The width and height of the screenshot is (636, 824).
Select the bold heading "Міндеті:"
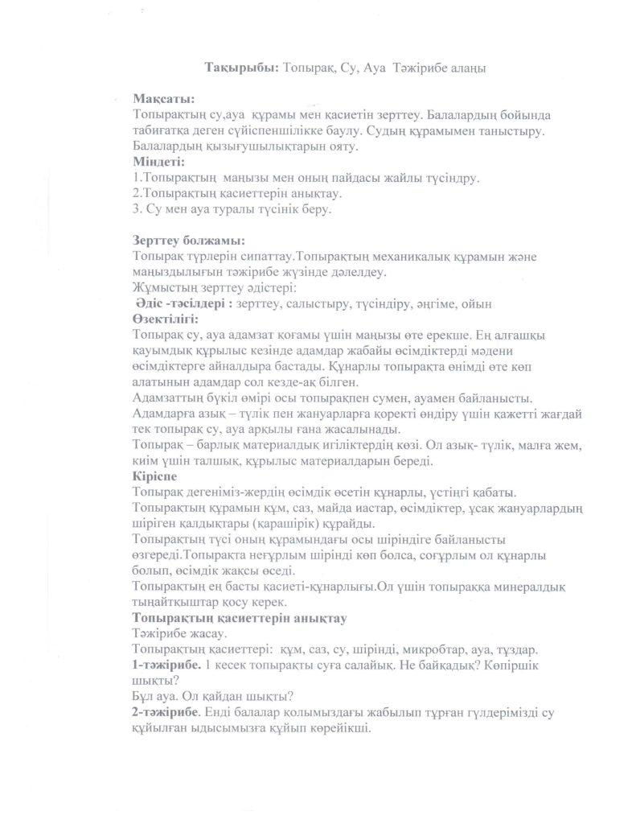pos(158,161)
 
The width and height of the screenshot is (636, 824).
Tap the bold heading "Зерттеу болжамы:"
pos(188,240)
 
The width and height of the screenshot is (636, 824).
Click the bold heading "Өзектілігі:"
pos(166,318)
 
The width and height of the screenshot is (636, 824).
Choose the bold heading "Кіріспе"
pos(154,476)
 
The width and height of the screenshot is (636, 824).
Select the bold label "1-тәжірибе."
pos(166,665)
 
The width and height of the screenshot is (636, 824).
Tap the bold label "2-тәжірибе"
pos(166,712)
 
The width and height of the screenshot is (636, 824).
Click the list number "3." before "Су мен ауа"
pos(136,208)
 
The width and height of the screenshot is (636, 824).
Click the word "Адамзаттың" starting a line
pos(166,398)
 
